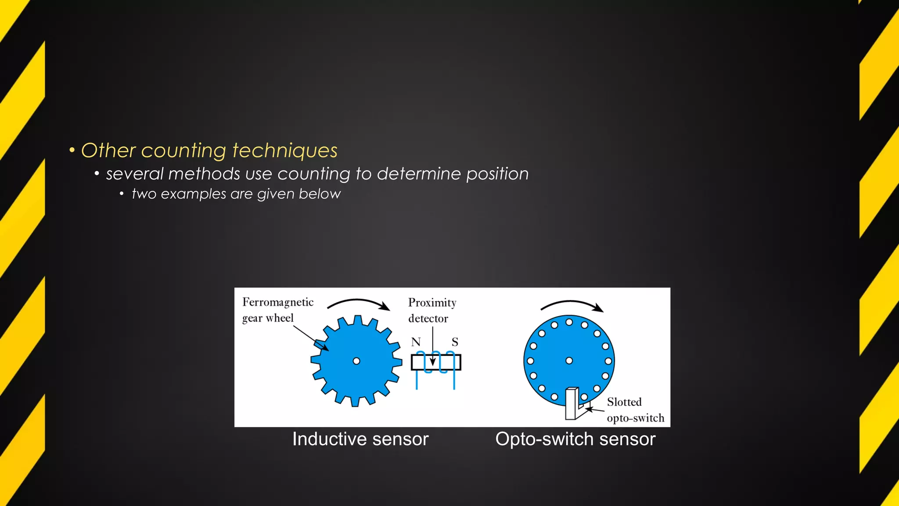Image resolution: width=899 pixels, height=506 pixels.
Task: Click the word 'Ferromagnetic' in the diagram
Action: point(278,302)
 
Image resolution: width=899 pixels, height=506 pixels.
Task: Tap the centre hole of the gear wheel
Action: point(356,361)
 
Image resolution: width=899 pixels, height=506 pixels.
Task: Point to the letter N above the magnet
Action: point(416,342)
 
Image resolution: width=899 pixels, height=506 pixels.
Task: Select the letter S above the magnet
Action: point(455,342)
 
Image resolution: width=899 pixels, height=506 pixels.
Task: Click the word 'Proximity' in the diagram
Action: point(432,303)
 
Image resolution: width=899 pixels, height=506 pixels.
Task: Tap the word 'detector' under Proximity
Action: point(428,318)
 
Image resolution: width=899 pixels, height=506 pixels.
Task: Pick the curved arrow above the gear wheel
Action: point(359,303)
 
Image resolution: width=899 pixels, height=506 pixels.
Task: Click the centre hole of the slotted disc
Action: point(569,361)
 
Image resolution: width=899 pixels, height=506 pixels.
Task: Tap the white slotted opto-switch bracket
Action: point(572,403)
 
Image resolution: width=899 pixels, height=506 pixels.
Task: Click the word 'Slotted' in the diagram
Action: point(624,402)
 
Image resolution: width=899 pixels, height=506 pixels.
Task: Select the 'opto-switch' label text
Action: point(635,418)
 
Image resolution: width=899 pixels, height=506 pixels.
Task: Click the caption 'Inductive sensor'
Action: point(360,439)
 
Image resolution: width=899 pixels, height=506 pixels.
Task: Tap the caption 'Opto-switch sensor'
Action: point(575,439)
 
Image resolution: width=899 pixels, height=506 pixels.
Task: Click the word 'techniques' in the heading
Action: point(285,151)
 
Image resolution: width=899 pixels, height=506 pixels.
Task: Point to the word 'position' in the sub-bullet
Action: point(497,174)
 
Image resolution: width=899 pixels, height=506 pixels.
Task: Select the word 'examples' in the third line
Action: point(193,194)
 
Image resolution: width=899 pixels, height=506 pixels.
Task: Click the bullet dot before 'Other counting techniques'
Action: point(72,151)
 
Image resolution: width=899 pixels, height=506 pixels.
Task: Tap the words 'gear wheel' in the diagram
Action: point(268,318)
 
